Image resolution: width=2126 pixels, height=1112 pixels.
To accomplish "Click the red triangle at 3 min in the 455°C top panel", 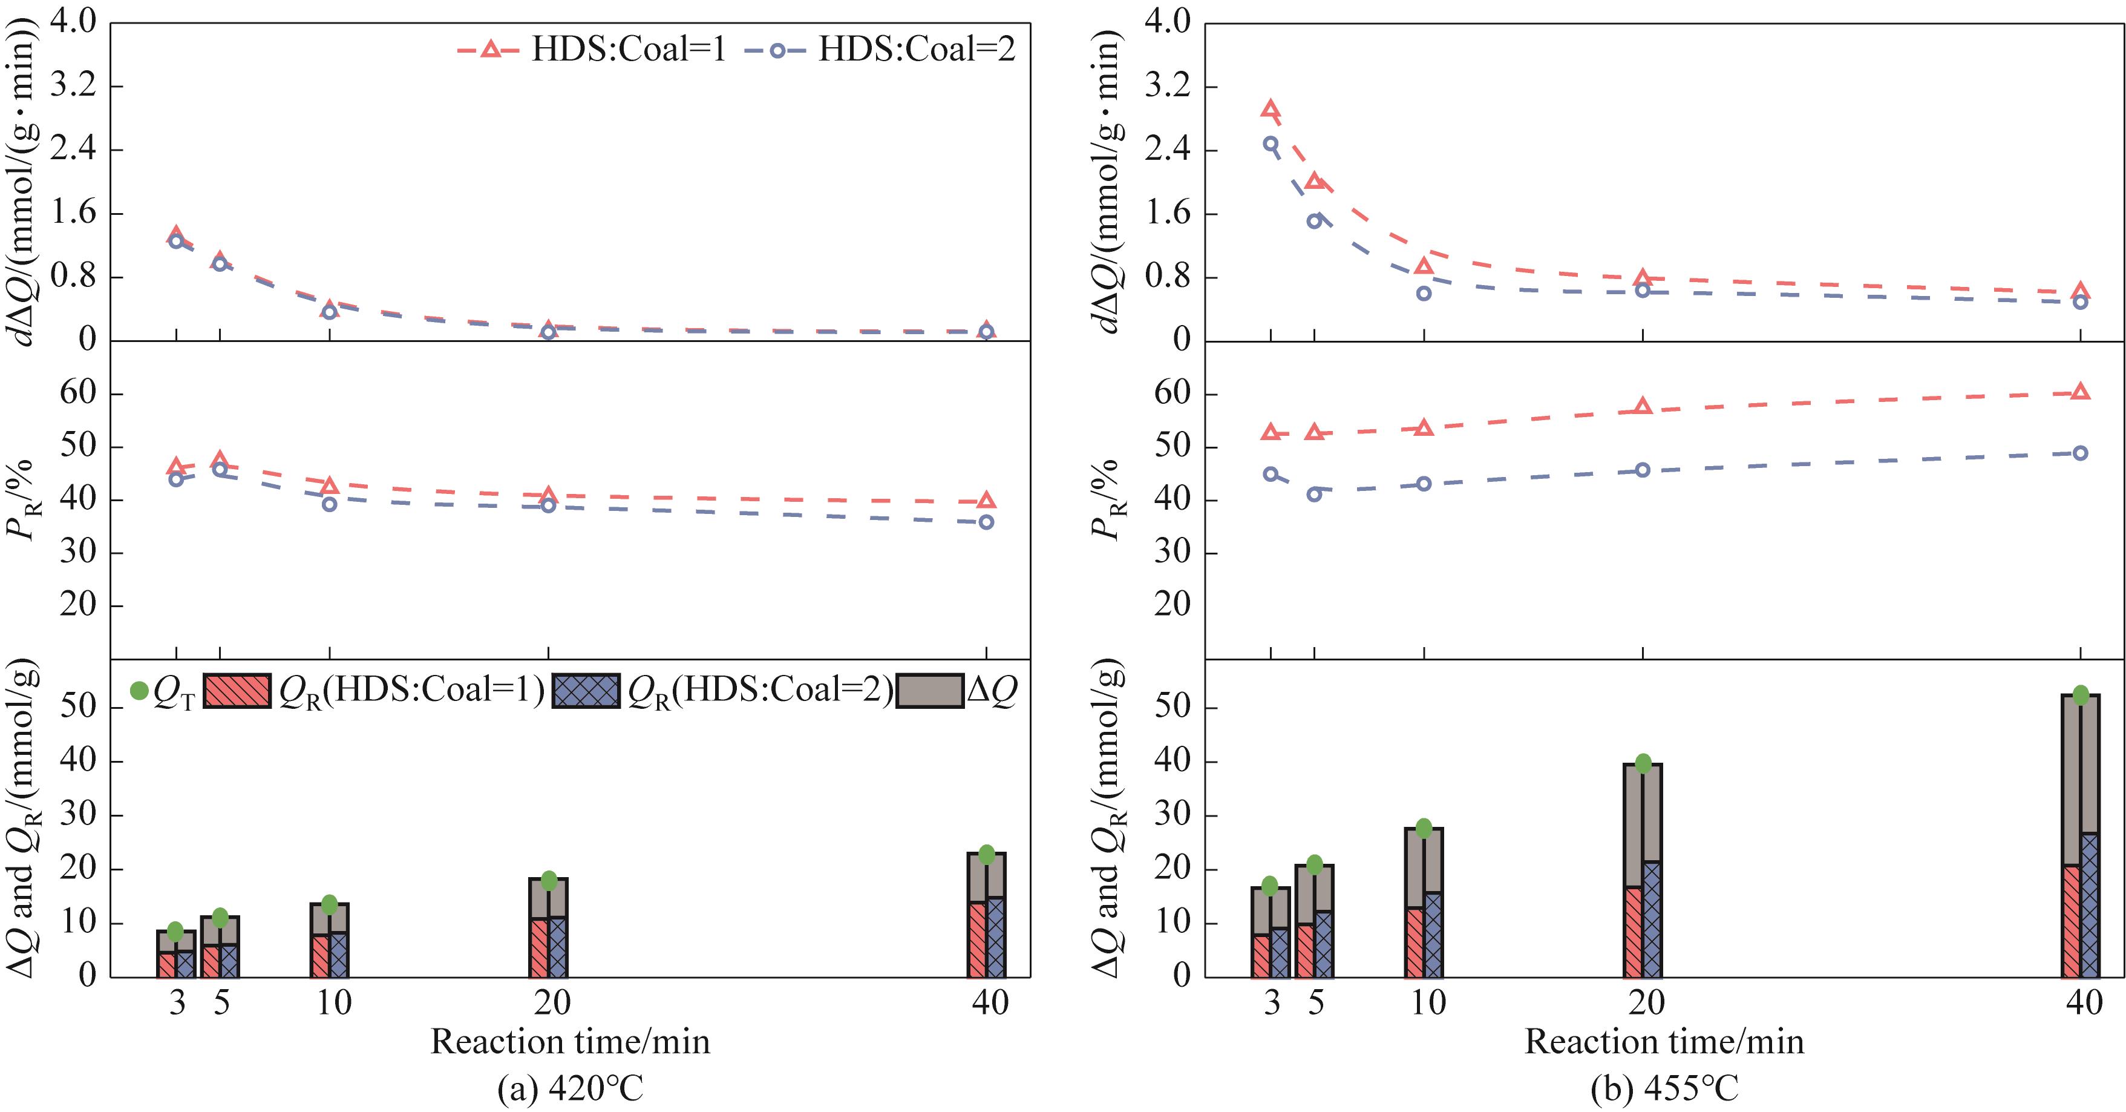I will [x=1271, y=109].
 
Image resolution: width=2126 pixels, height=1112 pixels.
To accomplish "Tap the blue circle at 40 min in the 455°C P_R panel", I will [x=2080, y=452].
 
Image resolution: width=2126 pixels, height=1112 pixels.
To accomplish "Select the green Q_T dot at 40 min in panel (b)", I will [x=2080, y=695].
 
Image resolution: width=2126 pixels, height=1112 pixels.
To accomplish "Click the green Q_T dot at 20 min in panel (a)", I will [x=549, y=880].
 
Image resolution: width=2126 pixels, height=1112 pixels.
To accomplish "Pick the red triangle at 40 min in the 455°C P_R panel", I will [x=2080, y=391].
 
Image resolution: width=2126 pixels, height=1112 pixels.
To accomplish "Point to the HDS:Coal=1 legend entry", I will [x=592, y=50].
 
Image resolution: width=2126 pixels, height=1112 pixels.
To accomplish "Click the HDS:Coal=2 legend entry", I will [x=880, y=50].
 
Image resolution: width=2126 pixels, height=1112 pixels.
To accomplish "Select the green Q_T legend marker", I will [x=140, y=690].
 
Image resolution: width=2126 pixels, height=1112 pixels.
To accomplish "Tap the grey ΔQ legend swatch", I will [x=929, y=690].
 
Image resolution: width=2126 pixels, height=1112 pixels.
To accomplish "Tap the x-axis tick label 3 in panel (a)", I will [x=177, y=1002].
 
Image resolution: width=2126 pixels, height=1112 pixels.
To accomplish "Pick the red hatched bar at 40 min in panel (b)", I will [x=2070, y=921].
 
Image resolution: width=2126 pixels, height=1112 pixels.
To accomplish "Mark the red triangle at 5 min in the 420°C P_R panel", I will [x=220, y=460].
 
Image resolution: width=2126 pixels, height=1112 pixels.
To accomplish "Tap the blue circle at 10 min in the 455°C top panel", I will [x=1424, y=293].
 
